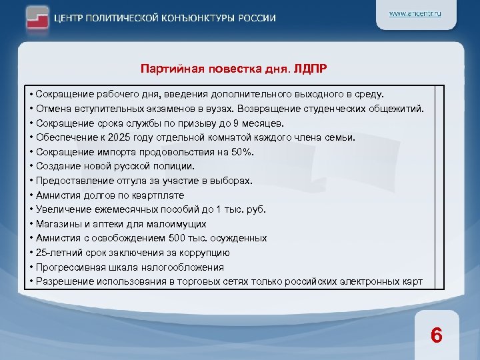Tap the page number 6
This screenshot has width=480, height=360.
point(436,335)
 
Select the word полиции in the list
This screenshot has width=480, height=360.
point(176,166)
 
